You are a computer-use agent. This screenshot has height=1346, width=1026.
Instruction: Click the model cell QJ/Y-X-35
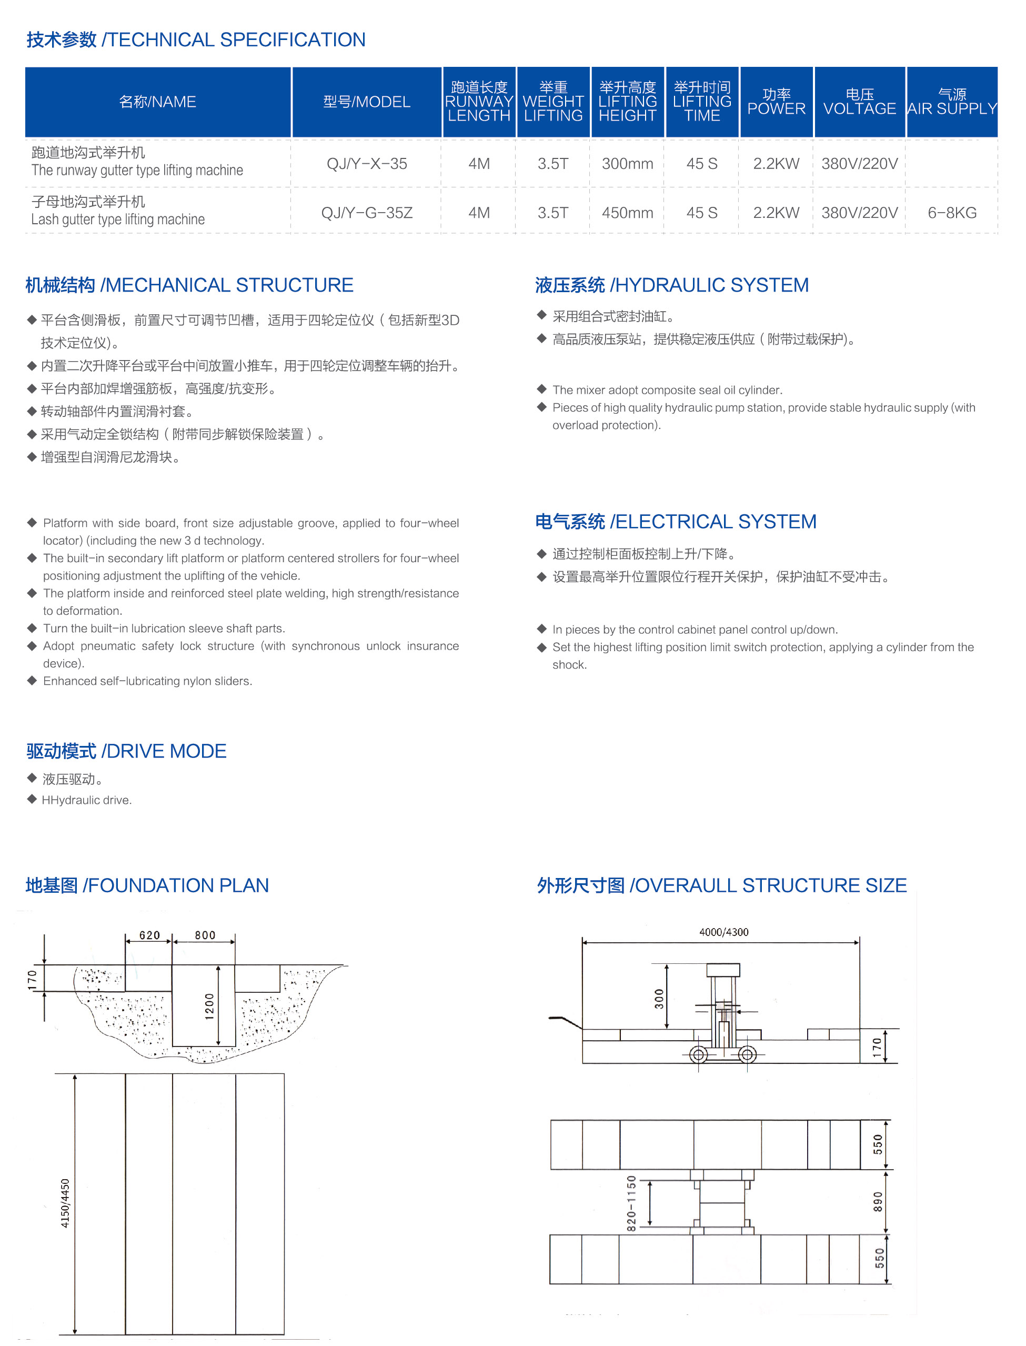click(366, 164)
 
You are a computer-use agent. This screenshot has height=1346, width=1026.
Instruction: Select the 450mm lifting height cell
click(627, 213)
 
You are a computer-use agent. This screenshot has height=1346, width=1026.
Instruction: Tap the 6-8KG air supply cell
click(951, 213)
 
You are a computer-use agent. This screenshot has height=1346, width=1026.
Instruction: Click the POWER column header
click(776, 102)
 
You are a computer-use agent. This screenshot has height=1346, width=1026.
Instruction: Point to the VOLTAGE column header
click(859, 102)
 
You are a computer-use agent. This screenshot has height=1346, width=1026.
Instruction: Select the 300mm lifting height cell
click(627, 164)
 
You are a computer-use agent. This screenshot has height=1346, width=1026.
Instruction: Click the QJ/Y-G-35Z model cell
click(366, 213)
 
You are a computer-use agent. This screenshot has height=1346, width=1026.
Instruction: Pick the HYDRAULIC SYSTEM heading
click(672, 285)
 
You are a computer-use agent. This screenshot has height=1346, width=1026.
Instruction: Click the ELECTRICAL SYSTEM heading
click(676, 522)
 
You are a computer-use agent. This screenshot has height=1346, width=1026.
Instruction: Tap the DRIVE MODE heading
click(126, 751)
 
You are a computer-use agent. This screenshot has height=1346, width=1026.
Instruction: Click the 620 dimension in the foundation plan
click(149, 935)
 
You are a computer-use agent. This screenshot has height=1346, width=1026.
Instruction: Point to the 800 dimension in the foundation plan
click(205, 935)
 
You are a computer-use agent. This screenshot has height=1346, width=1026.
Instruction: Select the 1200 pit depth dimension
click(209, 1006)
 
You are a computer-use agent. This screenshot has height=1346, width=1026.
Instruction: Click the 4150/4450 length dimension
click(65, 1203)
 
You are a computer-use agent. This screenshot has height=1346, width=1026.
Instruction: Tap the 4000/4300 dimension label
click(723, 932)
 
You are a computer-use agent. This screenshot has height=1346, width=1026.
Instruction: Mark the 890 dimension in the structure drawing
click(878, 1202)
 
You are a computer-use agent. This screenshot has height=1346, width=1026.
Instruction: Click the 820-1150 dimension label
click(631, 1203)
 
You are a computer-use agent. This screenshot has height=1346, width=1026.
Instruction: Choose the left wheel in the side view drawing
click(699, 1054)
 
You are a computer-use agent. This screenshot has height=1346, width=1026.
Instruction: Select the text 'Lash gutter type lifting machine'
click(118, 220)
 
